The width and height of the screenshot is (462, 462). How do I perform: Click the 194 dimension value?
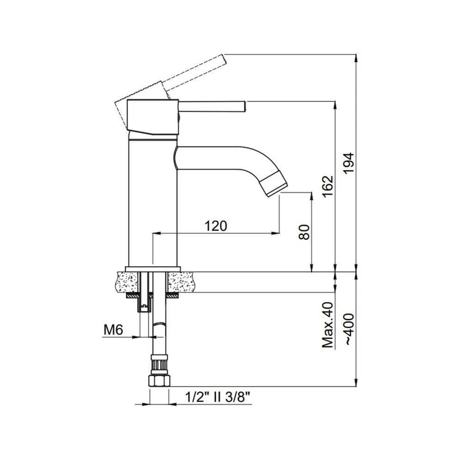tap(349, 163)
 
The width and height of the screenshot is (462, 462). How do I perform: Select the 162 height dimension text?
tap(328, 187)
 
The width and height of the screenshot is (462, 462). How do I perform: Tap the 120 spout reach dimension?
tap(216, 226)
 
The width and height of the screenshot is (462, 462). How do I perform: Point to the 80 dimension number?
tap(304, 232)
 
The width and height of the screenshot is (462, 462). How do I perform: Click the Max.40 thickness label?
tap(328, 325)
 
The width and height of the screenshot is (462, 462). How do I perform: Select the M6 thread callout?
tap(113, 330)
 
